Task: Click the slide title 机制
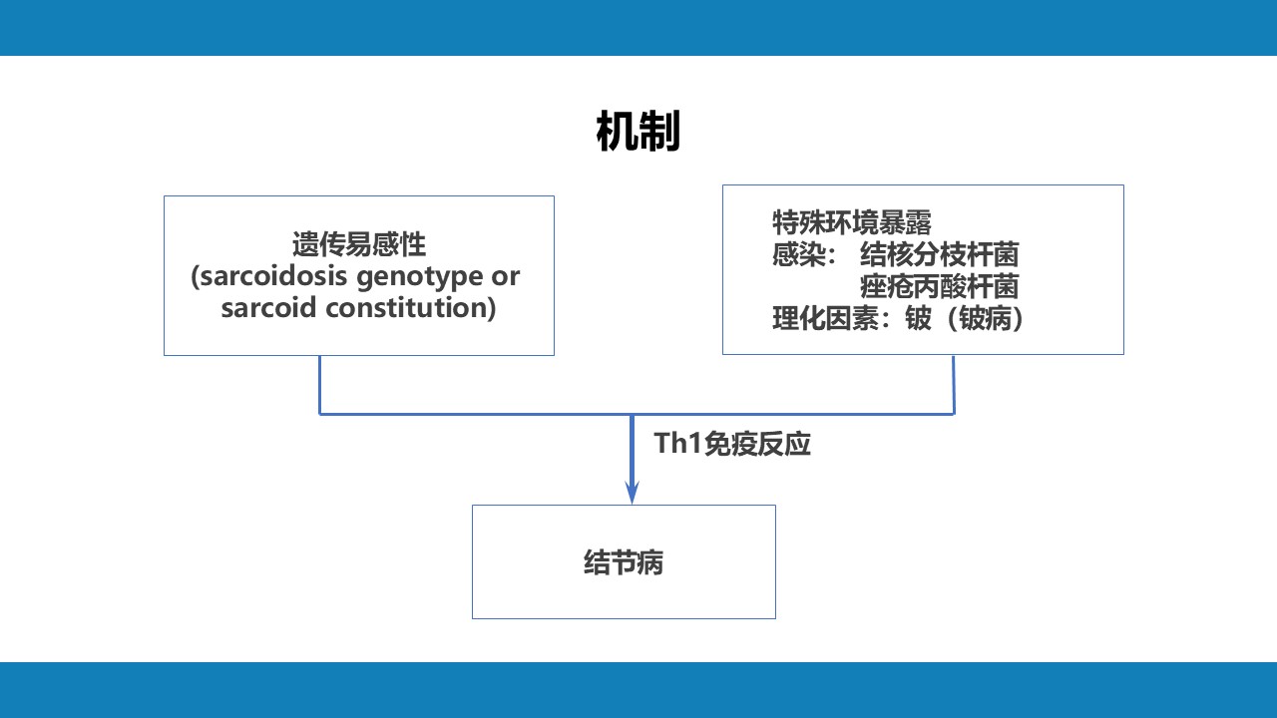pos(638,132)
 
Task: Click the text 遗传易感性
pos(359,244)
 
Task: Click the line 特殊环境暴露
pos(852,222)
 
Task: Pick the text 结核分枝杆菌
pos(940,254)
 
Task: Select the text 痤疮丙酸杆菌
pos(940,286)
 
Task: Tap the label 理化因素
pos(825,318)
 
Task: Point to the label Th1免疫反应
pos(732,444)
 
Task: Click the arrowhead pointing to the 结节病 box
pos(632,493)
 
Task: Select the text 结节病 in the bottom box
pos(624,563)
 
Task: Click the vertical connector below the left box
pos(320,385)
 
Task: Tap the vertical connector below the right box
pos(954,385)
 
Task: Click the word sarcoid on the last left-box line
pos(268,308)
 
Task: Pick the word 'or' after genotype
pos(505,277)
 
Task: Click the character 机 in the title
pos(617,132)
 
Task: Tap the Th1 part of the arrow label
pos(677,444)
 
